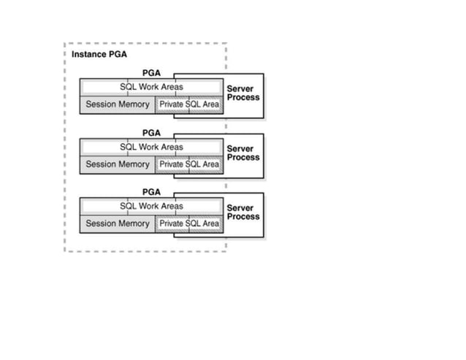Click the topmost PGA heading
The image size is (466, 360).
pos(151,73)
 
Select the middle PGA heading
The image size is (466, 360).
pos(151,133)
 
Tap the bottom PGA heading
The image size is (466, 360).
pos(151,192)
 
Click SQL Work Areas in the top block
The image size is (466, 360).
pos(151,87)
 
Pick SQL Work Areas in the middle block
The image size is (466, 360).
pos(151,147)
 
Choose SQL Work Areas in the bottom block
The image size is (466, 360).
pos(151,206)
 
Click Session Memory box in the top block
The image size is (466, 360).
pos(117,104)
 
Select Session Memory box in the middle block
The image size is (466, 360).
pos(117,164)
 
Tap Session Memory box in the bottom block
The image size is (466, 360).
pos(117,223)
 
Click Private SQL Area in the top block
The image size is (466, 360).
pos(188,104)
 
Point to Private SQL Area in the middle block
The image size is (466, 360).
pos(188,164)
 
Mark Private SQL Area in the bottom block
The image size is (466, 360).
pos(188,223)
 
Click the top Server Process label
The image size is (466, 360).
pos(242,93)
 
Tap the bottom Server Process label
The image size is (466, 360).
pos(242,212)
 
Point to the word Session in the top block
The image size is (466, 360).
pos(101,104)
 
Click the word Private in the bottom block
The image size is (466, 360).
pos(171,223)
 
